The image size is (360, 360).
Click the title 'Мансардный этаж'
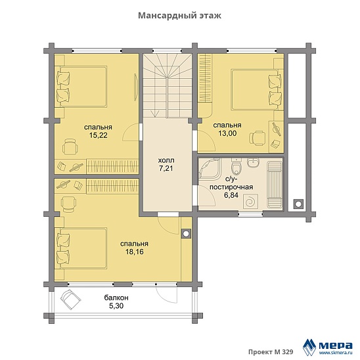179,16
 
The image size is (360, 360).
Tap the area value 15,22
99,135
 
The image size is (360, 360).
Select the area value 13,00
227,133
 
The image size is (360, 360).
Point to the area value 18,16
135,252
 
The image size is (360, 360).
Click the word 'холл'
166,160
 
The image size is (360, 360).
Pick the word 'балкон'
116,298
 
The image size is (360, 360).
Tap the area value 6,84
231,195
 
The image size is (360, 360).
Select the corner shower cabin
210,169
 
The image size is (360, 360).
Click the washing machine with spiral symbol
251,202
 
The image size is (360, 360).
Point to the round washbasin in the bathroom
253,162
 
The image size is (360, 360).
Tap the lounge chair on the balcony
70,300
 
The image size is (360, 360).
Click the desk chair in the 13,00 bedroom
257,138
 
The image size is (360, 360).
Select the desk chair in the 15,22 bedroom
70,146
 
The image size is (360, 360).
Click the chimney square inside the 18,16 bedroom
186,234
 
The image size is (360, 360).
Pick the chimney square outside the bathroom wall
298,204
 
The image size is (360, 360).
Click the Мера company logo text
336,345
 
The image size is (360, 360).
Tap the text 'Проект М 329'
271,351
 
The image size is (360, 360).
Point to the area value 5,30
116,306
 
